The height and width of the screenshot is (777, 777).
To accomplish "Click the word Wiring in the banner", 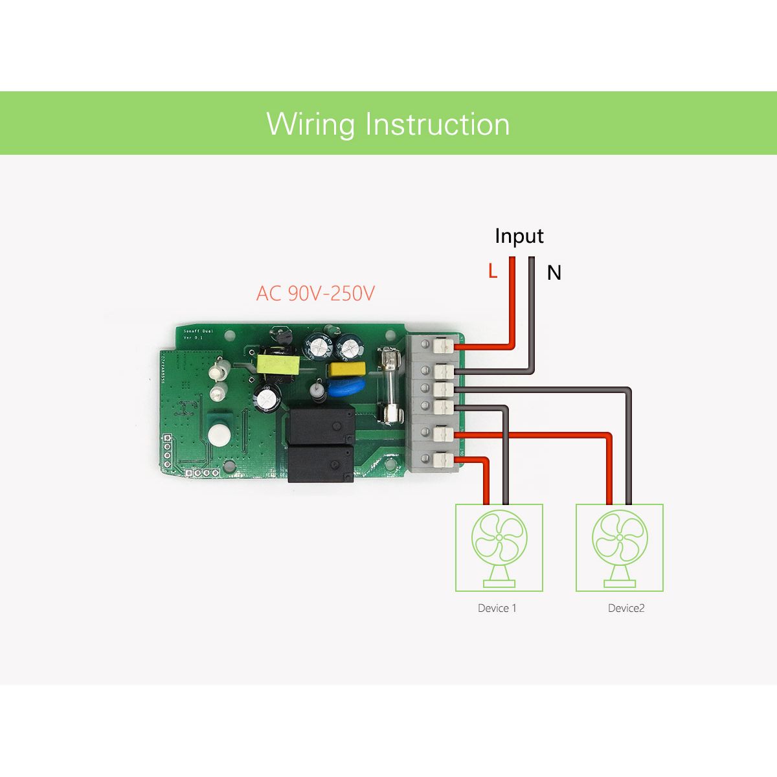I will point(310,124).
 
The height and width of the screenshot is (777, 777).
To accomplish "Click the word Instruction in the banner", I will point(437,124).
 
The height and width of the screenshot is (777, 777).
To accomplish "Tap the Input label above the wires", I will point(519,236).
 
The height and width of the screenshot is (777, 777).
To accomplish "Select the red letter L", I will point(493,272).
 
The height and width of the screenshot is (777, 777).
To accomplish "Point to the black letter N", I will point(554,273).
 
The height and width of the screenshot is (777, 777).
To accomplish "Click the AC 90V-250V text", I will point(315,293).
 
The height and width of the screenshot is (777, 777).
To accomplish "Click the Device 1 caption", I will point(497,608).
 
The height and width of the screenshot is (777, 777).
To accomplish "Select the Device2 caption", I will point(626,608).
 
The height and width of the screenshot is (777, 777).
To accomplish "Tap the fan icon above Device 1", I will point(499,548).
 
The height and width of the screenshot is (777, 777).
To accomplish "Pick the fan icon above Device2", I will point(620,548).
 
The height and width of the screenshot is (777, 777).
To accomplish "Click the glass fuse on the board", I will point(391,386).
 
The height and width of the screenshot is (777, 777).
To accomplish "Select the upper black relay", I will point(322,425).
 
